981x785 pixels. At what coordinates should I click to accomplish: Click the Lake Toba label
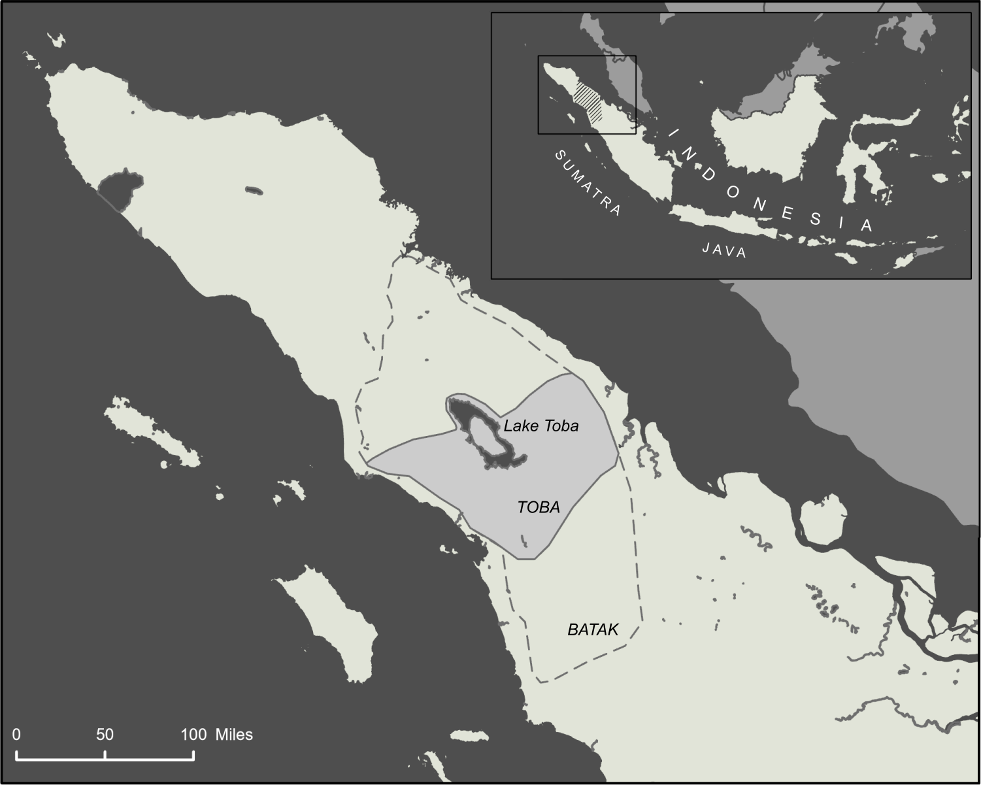coord(540,426)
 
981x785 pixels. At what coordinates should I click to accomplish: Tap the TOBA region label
coord(539,507)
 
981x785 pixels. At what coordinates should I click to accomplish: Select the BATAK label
coord(593,629)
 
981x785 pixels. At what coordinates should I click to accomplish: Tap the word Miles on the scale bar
coord(234,735)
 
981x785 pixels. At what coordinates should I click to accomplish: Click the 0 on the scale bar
coord(16,735)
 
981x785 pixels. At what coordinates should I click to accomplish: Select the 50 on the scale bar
coord(105,735)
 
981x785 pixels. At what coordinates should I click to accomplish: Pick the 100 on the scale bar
coord(193,735)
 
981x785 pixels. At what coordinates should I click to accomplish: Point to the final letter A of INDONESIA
coord(867,225)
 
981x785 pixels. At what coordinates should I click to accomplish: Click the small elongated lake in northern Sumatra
coord(254,191)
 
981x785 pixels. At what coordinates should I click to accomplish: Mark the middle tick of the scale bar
coord(105,755)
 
